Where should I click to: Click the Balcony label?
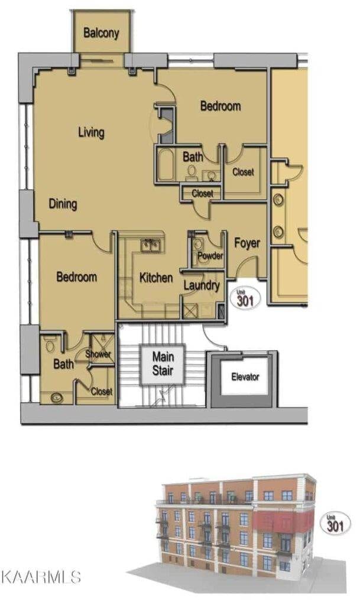tap(101, 32)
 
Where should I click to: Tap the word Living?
tap(91, 132)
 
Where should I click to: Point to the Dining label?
tap(63, 204)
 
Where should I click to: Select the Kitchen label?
tap(156, 278)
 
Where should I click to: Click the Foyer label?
tap(247, 243)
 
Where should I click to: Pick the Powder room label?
tap(210, 256)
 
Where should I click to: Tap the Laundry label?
tap(202, 286)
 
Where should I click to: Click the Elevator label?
tap(245, 376)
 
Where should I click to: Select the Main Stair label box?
tap(163, 365)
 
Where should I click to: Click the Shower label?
tap(98, 354)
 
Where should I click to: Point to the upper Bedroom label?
tap(220, 106)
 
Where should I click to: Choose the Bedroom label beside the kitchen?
tap(77, 277)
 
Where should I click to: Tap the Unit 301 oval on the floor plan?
tap(245, 298)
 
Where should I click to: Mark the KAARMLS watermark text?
tap(41, 577)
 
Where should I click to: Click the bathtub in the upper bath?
tap(166, 165)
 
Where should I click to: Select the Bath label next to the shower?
tap(63, 365)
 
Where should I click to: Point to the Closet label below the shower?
tap(102, 392)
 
